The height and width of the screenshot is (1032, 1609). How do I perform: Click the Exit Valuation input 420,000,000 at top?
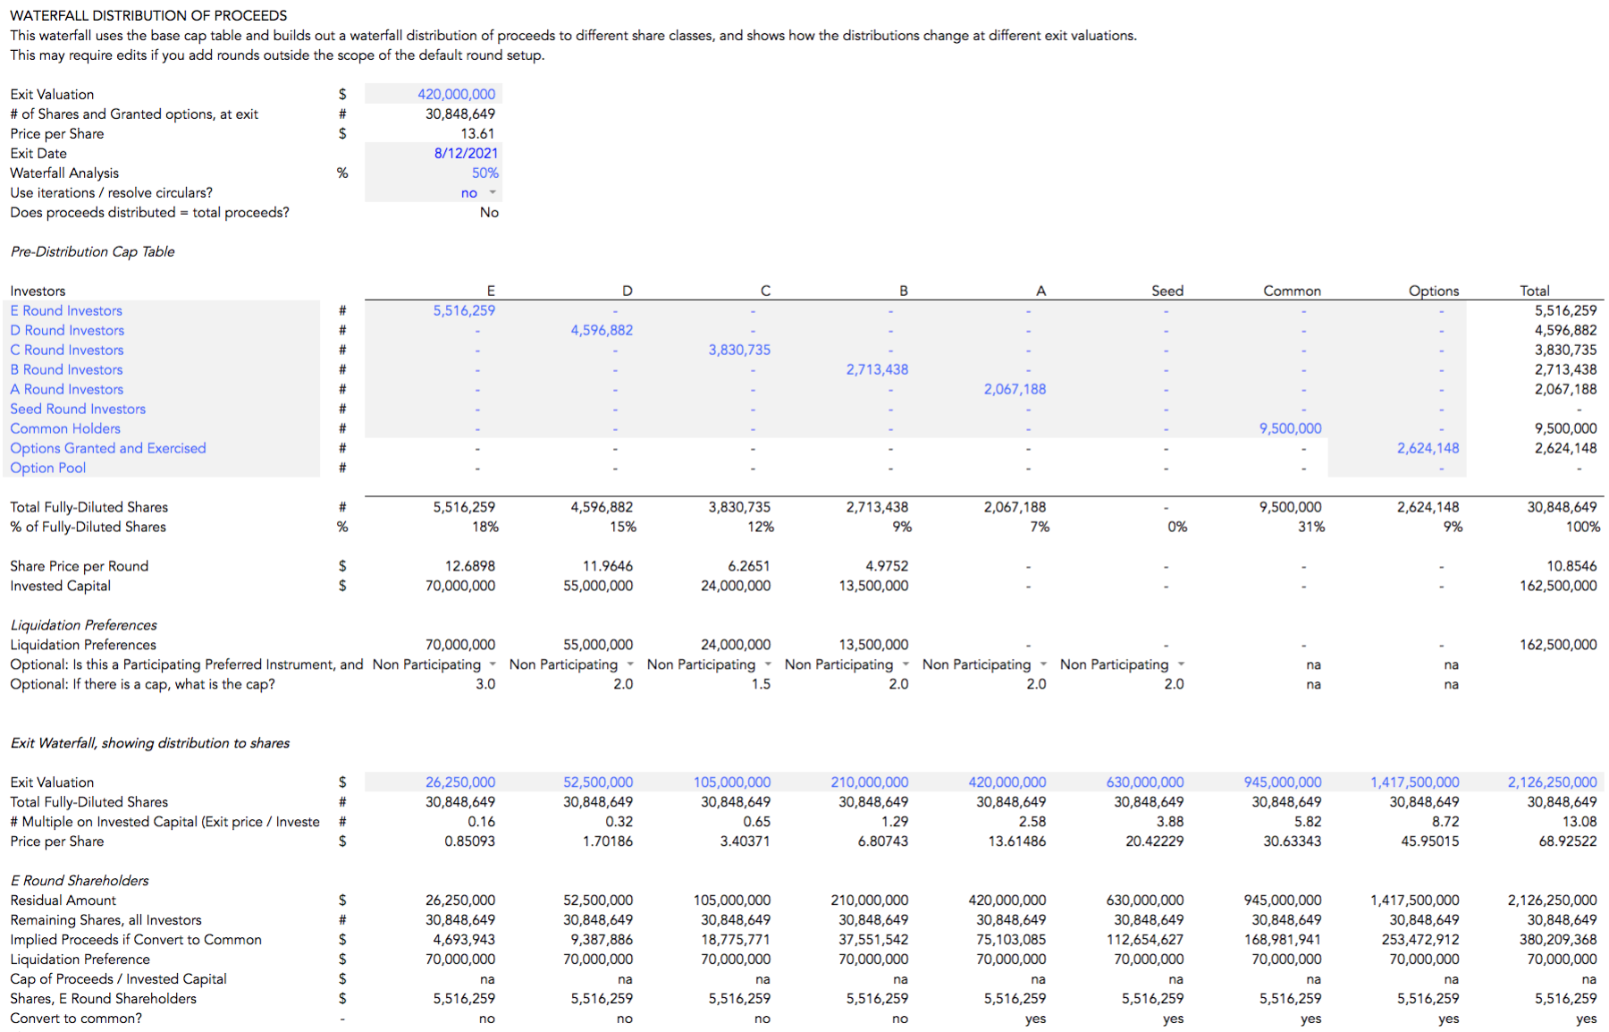click(456, 94)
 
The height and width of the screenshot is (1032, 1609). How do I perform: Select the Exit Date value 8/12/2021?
click(466, 153)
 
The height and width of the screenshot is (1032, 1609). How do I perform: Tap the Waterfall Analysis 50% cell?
click(485, 173)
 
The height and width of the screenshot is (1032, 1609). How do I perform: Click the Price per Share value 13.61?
click(477, 133)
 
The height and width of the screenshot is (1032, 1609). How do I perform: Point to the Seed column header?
click(1167, 291)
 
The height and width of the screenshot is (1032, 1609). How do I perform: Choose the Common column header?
click(1292, 291)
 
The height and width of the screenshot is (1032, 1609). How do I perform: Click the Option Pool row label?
click(48, 468)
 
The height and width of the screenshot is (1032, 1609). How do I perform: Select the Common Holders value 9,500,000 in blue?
click(1290, 428)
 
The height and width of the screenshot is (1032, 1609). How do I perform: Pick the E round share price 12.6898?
click(469, 566)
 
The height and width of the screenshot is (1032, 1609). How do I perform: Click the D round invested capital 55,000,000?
click(598, 586)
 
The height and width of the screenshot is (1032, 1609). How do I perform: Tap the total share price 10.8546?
click(1571, 566)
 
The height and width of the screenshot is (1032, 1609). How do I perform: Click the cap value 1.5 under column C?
click(761, 684)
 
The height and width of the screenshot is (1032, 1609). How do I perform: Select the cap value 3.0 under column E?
click(485, 684)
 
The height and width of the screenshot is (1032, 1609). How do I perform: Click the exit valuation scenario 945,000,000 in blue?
click(1283, 782)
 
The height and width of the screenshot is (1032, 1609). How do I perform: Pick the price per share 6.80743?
click(883, 842)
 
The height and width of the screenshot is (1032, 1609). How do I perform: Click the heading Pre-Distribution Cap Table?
click(92, 251)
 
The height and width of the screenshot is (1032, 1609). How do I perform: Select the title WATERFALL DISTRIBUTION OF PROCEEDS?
click(148, 15)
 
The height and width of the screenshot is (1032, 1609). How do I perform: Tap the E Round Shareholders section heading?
click(80, 881)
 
